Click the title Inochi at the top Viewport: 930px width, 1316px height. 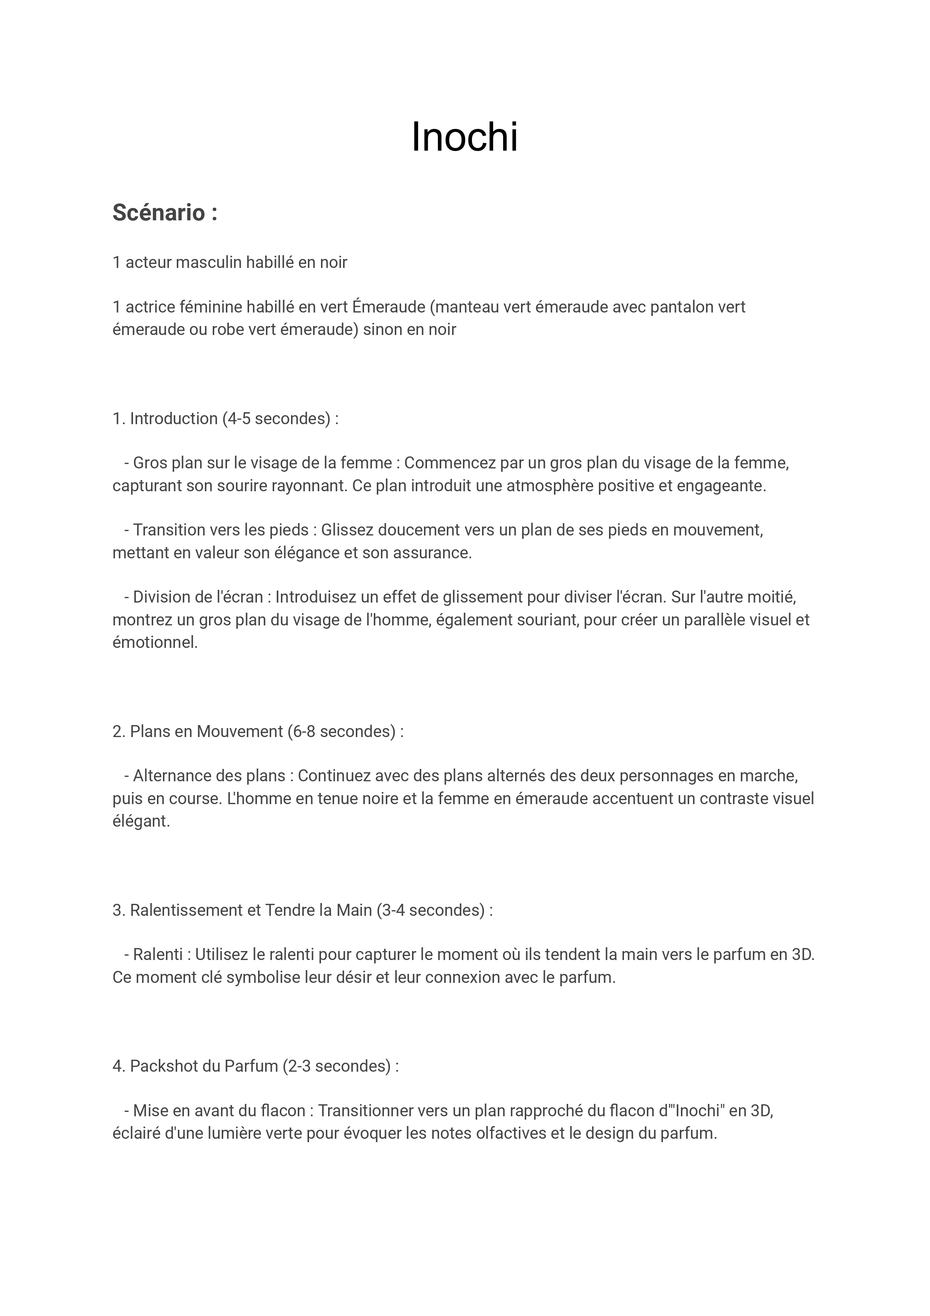coord(465,138)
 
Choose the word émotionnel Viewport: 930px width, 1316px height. coord(155,643)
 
